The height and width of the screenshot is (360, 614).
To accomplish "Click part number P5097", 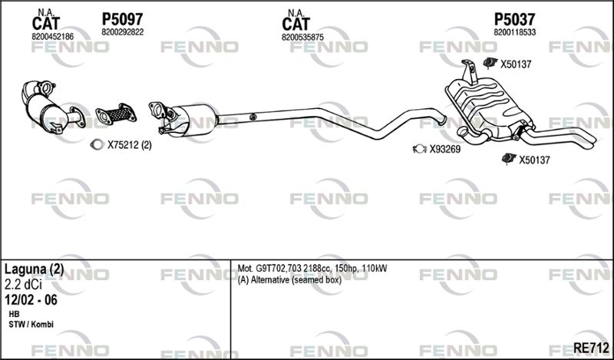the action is (122, 19).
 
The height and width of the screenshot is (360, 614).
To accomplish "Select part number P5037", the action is (514, 19).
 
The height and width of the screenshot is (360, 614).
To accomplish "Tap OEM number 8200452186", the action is (52, 37).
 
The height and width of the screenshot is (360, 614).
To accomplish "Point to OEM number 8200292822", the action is (123, 32).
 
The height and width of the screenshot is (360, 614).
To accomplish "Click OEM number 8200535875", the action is (302, 37).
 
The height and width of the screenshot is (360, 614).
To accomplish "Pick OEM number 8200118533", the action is (515, 32).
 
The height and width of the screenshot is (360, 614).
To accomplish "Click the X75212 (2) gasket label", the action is (130, 145).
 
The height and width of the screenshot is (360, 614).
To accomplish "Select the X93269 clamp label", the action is (445, 149).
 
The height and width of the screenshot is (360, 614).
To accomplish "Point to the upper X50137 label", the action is (516, 64).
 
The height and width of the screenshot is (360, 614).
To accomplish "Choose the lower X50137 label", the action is (534, 160).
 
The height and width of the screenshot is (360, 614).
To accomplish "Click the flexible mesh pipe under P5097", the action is (117, 114).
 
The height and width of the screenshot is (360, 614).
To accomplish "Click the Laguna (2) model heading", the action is (34, 269).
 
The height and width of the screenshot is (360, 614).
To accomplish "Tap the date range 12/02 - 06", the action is (31, 300).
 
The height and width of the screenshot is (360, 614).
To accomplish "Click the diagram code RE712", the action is (591, 348).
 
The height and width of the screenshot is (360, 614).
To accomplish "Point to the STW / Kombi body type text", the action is (31, 325).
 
